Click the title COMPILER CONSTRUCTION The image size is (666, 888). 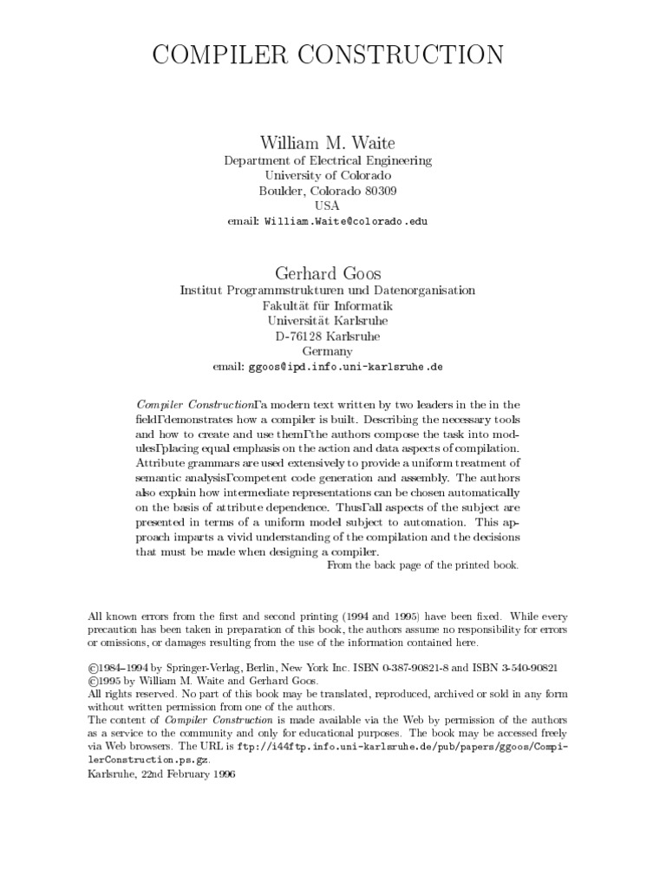328,55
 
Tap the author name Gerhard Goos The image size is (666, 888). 327,274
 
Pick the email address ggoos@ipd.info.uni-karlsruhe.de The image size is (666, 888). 345,367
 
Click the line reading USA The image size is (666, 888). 327,206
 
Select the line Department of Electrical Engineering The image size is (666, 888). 327,160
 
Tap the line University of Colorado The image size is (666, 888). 327,175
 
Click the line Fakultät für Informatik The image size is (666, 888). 327,306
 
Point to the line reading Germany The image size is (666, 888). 327,351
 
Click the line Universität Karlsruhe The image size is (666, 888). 327,321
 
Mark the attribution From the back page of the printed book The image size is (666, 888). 422,565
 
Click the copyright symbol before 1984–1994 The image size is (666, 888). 94,669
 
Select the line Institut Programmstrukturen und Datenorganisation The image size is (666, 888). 327,291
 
